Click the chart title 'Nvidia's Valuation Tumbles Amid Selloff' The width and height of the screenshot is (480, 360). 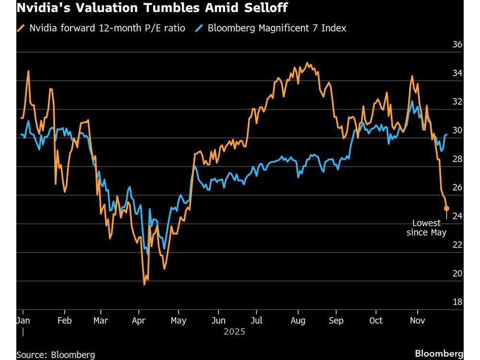(x=152, y=8)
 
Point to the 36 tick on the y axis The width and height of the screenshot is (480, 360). (x=457, y=45)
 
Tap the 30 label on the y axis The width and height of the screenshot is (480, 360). (x=457, y=131)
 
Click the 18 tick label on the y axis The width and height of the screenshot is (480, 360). (x=457, y=302)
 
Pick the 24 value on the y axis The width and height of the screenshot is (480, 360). (x=457, y=216)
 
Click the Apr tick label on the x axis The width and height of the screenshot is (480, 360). (x=139, y=320)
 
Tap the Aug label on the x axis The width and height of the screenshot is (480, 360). (x=299, y=320)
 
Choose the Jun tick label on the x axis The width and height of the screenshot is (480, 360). (x=218, y=320)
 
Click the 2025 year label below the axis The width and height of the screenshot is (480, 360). (x=234, y=332)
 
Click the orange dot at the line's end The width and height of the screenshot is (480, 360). (x=446, y=208)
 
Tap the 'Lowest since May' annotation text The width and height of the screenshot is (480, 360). (x=426, y=228)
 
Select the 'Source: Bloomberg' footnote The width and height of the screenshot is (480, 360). (x=56, y=355)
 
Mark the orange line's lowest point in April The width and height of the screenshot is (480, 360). (x=144, y=284)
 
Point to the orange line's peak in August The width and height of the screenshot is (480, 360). (x=307, y=63)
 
